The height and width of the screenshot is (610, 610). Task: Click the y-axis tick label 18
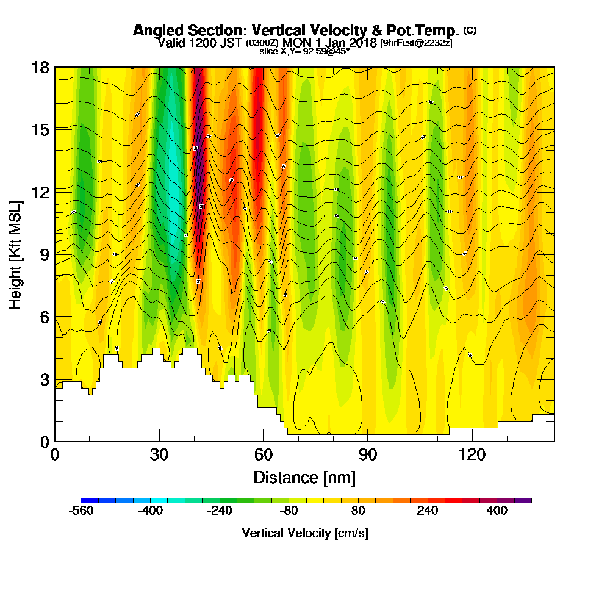pyautogui.click(x=40, y=67)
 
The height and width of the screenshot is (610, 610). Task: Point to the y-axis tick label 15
pyautogui.click(x=40, y=129)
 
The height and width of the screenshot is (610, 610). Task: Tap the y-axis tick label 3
pyautogui.click(x=44, y=379)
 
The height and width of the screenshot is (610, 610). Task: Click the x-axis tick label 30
pyautogui.click(x=159, y=454)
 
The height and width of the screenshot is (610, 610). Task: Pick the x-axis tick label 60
pyautogui.click(x=264, y=454)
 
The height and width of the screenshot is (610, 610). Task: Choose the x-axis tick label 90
pyautogui.click(x=368, y=454)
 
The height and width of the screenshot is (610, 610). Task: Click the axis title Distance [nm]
pyautogui.click(x=304, y=476)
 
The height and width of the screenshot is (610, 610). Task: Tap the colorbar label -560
pyautogui.click(x=81, y=511)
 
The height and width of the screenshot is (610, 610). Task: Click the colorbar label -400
pyautogui.click(x=150, y=511)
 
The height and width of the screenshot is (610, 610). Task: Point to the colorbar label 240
pyautogui.click(x=428, y=511)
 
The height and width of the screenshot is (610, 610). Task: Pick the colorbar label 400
pyautogui.click(x=497, y=511)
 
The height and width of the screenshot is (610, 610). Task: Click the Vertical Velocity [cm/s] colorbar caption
pyautogui.click(x=304, y=534)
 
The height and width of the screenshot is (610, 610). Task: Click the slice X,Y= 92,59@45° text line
pyautogui.click(x=304, y=51)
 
